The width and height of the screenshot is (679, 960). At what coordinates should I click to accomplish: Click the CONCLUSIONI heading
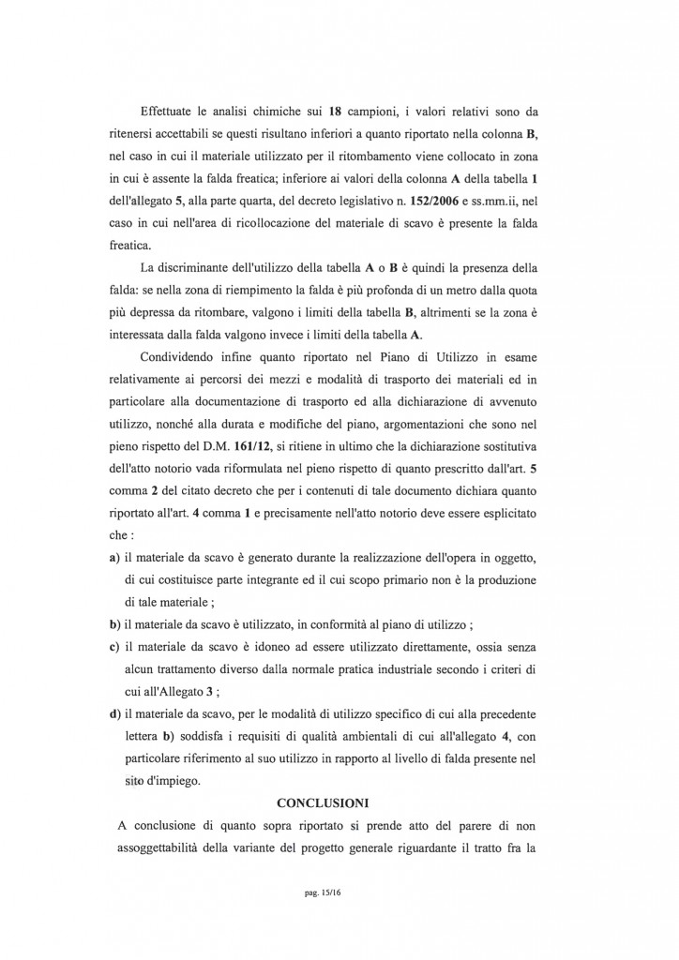pyautogui.click(x=323, y=802)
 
